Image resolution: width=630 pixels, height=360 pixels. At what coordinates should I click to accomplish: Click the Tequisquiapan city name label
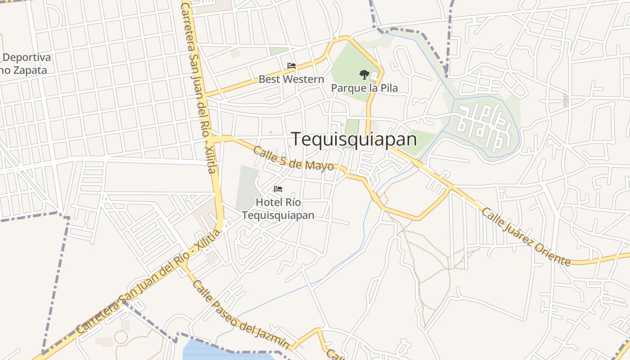354,139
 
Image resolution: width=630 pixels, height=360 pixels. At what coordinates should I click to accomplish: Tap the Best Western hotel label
291,80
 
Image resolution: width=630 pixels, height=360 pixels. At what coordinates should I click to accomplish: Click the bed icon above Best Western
292,66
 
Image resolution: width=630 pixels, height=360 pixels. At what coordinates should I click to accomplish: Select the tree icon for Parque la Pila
364,74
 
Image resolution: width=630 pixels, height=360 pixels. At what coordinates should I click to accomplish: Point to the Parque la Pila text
364,88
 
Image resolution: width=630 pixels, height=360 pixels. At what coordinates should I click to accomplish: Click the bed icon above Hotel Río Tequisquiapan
278,189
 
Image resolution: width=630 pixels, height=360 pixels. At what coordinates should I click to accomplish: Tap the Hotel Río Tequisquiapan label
278,209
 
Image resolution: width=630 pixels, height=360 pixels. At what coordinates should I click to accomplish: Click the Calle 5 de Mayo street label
293,158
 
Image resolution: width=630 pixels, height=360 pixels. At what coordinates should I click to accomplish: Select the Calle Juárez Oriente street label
526,236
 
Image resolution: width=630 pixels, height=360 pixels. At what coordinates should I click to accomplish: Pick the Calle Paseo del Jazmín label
240,315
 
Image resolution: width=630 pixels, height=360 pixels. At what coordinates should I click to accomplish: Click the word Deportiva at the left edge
27,58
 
